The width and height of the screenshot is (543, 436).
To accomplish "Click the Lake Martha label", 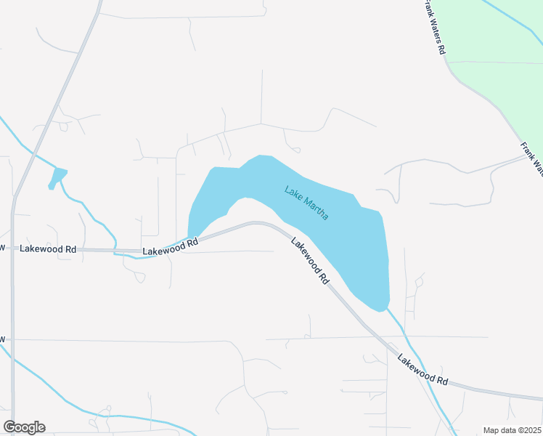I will (x=306, y=203).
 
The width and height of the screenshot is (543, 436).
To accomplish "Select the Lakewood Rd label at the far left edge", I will (x=48, y=249).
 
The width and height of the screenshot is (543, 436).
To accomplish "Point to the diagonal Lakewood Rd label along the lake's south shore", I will (x=308, y=259).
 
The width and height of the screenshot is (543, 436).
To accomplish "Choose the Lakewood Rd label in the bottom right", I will (x=423, y=370).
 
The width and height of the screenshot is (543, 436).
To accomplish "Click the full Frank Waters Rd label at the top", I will (x=435, y=28).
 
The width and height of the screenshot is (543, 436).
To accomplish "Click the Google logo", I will (x=24, y=427).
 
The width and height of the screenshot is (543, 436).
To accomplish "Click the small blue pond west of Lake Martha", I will (x=57, y=177).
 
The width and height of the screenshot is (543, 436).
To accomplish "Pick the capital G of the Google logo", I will (x=9, y=427).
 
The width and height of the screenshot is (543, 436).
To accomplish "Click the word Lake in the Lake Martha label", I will (x=293, y=194).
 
